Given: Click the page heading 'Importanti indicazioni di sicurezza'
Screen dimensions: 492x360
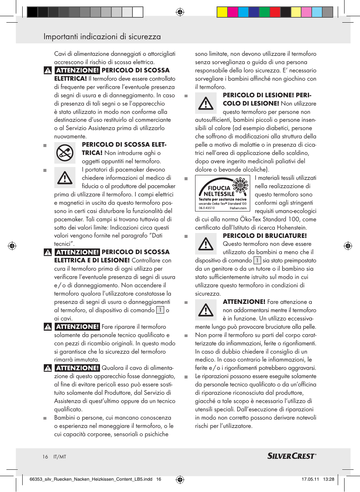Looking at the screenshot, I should [102, 37].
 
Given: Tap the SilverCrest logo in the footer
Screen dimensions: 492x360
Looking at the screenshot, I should [291, 456].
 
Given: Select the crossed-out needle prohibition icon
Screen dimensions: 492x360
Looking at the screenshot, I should [65, 153].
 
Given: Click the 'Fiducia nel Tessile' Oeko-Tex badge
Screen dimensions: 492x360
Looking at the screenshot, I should [222, 193].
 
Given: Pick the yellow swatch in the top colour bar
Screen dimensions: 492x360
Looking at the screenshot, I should [222, 12].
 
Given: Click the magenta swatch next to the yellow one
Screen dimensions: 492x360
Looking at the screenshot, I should [232, 12].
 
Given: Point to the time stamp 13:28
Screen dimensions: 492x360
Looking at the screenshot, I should [328, 479].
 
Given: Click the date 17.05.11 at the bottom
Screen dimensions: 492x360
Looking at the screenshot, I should [310, 479].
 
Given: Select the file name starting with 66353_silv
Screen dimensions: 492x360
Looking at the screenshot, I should [91, 479].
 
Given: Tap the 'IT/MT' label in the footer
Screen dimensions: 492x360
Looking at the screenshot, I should [60, 457].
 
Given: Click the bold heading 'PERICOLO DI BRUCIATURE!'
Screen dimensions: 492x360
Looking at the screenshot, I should [265, 236].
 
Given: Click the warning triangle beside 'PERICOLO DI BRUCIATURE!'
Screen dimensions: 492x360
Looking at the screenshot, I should [206, 244].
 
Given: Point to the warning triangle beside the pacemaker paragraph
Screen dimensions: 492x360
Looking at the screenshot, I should [65, 178].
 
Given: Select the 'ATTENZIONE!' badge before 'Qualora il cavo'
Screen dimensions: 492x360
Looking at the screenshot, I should [77, 368].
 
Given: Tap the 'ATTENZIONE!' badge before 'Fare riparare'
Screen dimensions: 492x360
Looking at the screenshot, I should [77, 327].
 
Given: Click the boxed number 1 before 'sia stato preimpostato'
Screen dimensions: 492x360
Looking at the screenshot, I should [257, 261].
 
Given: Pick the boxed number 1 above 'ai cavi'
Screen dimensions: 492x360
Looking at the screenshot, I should [160, 310].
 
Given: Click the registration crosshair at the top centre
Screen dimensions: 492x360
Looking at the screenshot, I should [180, 12].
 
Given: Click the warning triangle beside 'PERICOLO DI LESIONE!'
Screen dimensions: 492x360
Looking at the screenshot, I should [206, 103].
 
